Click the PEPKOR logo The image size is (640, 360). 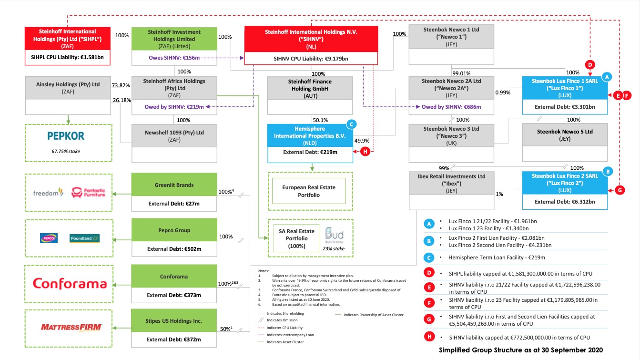[x=66, y=136]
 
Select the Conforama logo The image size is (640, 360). [x=70, y=284]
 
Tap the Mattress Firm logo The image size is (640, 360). [x=69, y=327]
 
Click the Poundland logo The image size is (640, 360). [x=84, y=237]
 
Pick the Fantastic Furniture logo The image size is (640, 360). [x=88, y=193]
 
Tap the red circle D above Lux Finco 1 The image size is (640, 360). [x=589, y=64]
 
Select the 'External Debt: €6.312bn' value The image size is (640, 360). [x=565, y=202]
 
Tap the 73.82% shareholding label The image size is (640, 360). [x=121, y=85]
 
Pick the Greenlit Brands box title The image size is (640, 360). [x=174, y=185]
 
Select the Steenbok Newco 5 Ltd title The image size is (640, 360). [x=565, y=132]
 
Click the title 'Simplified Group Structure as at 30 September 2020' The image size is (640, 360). [x=521, y=350]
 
